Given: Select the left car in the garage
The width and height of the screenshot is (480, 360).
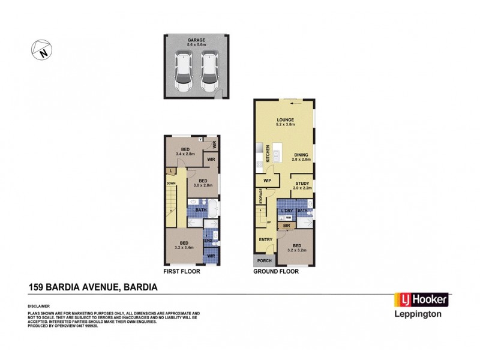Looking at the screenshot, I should (x=183, y=71).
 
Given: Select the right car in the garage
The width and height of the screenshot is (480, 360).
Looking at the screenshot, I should (x=208, y=71).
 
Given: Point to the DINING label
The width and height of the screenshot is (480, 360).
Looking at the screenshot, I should (x=301, y=155).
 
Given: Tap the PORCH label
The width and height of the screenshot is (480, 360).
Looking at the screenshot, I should (x=264, y=261).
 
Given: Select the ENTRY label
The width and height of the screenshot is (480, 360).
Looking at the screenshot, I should (x=265, y=240).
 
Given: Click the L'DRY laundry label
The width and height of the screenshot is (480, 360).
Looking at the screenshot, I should (x=286, y=210).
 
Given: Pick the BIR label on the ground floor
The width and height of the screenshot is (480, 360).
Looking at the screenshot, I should (x=286, y=226).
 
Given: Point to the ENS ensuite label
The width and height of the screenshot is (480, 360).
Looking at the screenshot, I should (x=208, y=241).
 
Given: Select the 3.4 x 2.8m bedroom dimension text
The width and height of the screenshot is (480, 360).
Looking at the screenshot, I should (x=185, y=154).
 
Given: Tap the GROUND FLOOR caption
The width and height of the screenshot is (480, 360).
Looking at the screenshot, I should (x=275, y=272).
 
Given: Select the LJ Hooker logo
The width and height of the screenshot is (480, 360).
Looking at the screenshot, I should (x=420, y=299).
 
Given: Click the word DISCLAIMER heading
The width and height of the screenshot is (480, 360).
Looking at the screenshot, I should (x=40, y=305).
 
